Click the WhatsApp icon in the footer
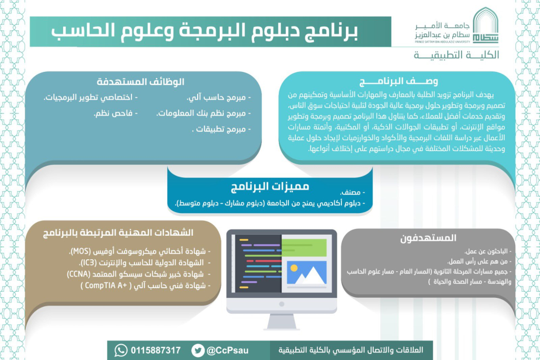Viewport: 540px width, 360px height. [121, 350]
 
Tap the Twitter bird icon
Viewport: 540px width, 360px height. [198, 350]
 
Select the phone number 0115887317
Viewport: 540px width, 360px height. [156, 350]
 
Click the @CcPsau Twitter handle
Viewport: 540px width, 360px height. [227, 351]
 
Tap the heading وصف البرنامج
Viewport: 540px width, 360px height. [398, 81]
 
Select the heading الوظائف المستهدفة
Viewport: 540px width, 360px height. [141, 82]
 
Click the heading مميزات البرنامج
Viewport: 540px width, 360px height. [270, 186]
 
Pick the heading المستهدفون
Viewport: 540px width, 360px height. [428, 238]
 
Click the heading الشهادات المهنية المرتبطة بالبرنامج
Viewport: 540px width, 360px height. [118, 233]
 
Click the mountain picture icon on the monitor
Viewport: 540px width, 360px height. [306, 273]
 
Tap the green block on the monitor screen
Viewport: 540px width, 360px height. [304, 248]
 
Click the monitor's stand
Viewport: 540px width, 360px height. [282, 322]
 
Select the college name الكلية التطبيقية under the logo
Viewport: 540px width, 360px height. [456, 55]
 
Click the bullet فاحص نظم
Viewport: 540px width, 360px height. [115, 113]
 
